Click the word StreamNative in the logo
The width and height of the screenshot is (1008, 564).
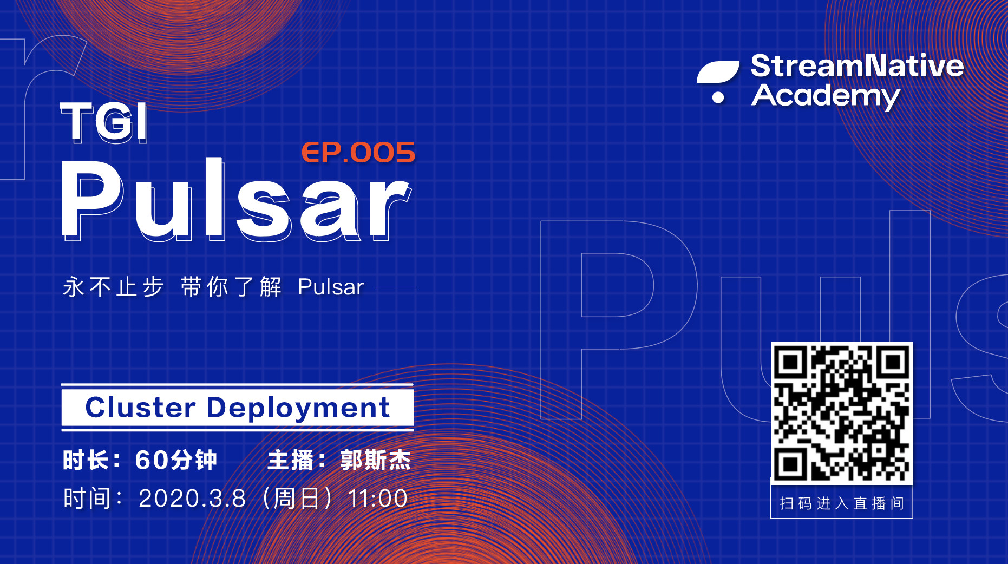pos(857,66)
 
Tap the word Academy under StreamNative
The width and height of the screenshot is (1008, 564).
pos(826,96)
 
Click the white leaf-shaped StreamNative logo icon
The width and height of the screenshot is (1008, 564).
pos(718,72)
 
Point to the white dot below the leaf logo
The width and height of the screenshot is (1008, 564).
pos(718,97)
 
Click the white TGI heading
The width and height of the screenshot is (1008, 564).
pos(103,122)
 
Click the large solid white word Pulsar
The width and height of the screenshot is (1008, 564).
pos(236,199)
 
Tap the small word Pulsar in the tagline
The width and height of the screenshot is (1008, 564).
pos(331,287)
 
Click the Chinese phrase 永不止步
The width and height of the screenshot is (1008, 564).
pos(113,287)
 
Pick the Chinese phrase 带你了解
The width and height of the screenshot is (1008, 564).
pos(231,287)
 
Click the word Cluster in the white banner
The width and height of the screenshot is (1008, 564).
pos(140,407)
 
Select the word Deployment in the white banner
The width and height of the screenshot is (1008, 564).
pos(298,408)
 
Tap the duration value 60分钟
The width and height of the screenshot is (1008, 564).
pos(176,460)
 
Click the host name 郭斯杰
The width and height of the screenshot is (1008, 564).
pos(376,460)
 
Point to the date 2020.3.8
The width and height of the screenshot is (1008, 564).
pos(192,499)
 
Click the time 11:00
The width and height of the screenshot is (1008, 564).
pos(378,499)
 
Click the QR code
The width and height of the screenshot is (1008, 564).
pos(842,412)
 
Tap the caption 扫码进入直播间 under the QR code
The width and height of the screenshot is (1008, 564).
pos(842,503)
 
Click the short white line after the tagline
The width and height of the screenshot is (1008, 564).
pos(397,288)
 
